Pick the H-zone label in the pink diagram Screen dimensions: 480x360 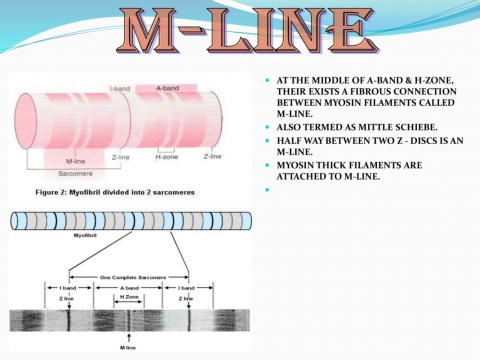tap(166, 157)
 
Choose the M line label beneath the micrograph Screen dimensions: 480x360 tap(128, 349)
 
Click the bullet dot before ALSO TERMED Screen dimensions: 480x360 tap(268, 128)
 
